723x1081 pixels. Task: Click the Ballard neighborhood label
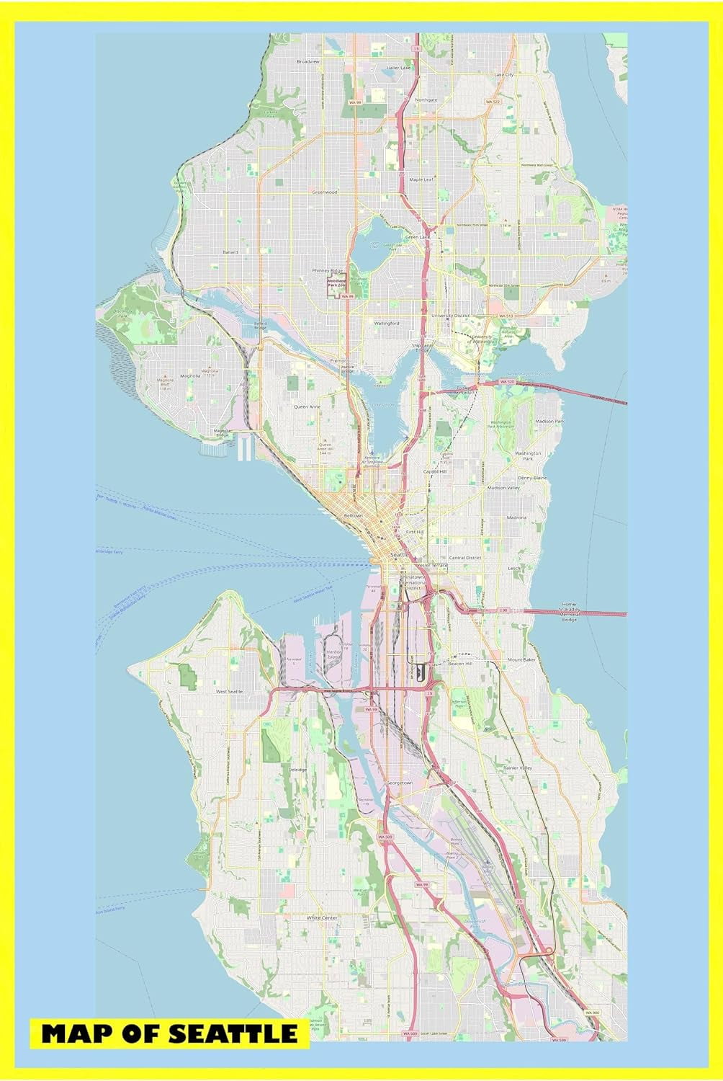point(230,252)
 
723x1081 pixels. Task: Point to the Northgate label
point(426,99)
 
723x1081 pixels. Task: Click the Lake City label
point(504,74)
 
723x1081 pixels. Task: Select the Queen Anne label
point(306,406)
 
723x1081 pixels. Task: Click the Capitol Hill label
point(435,471)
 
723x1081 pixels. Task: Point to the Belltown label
point(353,516)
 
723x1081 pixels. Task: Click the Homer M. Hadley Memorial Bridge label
point(570,612)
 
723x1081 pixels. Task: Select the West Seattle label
point(230,691)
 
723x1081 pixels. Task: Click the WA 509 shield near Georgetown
point(385,837)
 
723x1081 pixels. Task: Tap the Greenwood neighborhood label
point(324,192)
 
